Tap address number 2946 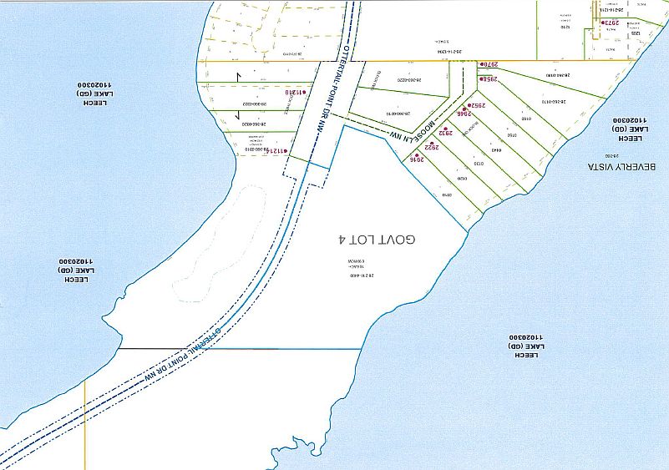click(461, 118)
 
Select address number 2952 click(476, 106)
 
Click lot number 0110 click(446, 194)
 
